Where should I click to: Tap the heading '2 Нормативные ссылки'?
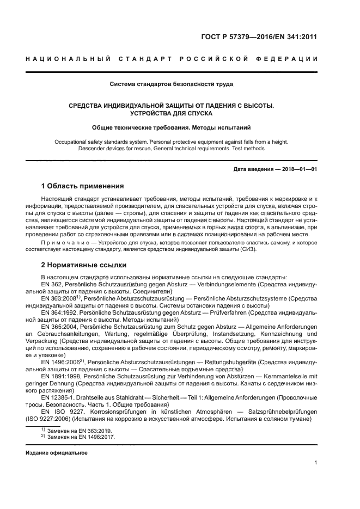(84, 265)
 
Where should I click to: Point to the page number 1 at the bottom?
(315, 463)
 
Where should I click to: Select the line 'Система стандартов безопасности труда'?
(172, 84)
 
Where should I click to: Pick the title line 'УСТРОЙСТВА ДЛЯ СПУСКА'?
(171, 113)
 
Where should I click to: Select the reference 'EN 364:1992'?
(60, 313)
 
